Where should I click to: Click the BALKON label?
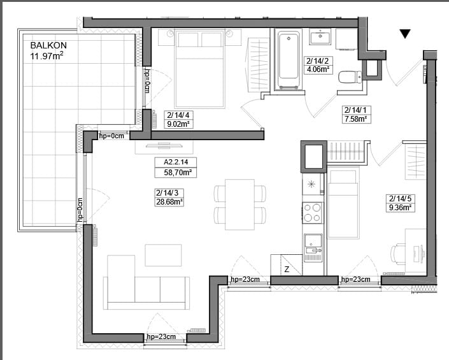[x=48, y=45]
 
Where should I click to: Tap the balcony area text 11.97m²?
[x=46, y=55]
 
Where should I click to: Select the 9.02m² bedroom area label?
[x=178, y=124]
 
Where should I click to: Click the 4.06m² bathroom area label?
[x=318, y=69]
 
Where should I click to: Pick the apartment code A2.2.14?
[x=176, y=162]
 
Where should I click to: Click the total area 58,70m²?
[x=178, y=173]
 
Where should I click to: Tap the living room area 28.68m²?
[x=169, y=201]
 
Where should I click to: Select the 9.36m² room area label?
[x=400, y=207]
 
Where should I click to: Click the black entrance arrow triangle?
[x=405, y=33]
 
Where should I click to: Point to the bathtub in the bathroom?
[x=289, y=59]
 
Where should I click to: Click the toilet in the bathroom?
[x=350, y=76]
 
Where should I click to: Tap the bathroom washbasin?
[x=321, y=36]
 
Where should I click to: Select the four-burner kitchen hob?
[x=312, y=213]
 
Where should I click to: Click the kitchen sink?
[x=313, y=247]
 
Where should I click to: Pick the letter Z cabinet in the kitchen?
[x=287, y=265]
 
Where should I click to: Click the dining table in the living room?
[x=239, y=205]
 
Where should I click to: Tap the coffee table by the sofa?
[x=163, y=255]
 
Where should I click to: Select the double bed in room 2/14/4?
[x=199, y=69]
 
